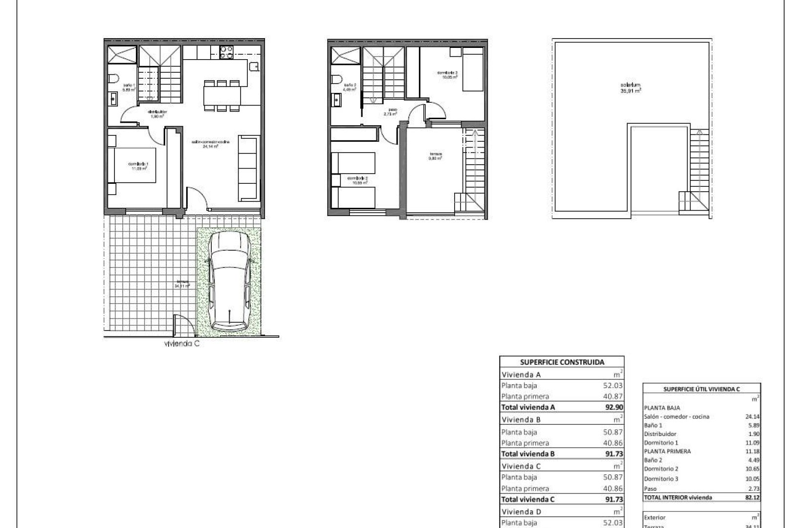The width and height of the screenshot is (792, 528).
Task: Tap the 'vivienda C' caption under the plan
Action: tap(182, 344)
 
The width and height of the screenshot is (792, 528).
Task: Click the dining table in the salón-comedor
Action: tap(222, 96)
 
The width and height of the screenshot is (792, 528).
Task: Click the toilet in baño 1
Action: tap(114, 79)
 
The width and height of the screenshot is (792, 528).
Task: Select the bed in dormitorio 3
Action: tap(472, 69)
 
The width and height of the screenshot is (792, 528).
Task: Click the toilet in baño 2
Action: tap(336, 79)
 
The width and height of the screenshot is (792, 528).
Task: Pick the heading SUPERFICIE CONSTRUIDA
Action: tap(562, 362)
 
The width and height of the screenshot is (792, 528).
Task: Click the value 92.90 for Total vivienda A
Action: tap(613, 407)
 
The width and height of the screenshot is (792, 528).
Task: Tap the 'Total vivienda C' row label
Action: tap(528, 500)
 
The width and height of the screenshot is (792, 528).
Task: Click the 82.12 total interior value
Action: tap(750, 498)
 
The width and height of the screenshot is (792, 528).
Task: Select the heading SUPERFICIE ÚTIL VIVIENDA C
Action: tap(701, 389)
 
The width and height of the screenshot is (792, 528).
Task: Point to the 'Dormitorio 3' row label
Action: tap(661, 479)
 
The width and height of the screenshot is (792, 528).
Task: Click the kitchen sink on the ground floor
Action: tap(254, 66)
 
